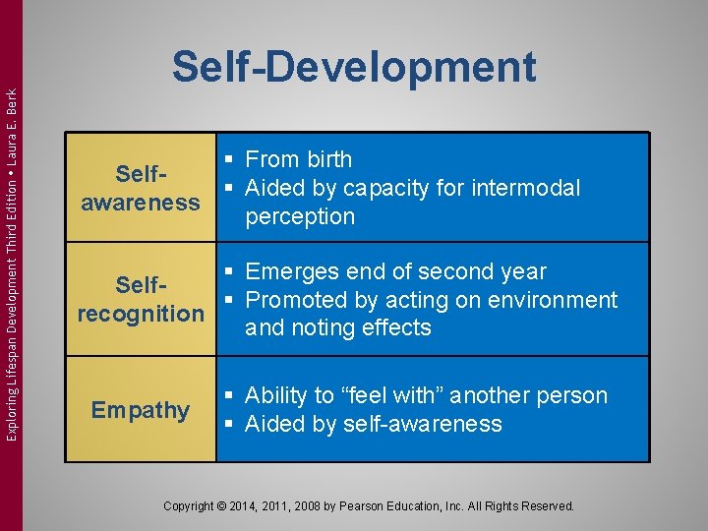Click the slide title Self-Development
pyautogui.click(x=354, y=67)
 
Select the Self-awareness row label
pyautogui.click(x=141, y=188)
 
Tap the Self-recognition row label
pyautogui.click(x=141, y=300)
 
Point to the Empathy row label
pyautogui.click(x=141, y=410)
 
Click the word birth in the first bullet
pyautogui.click(x=326, y=159)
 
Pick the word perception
pyautogui.click(x=300, y=216)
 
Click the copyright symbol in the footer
pyautogui.click(x=219, y=506)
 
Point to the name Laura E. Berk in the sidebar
pyautogui.click(x=12, y=127)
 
